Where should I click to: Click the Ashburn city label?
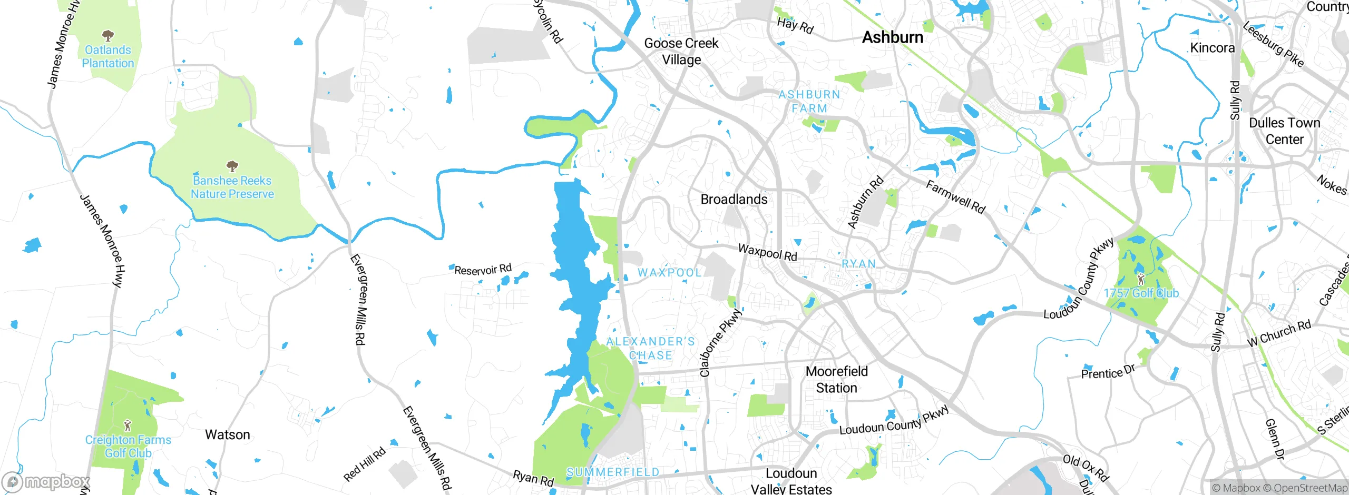(x=893, y=37)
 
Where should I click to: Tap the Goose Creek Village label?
(x=681, y=51)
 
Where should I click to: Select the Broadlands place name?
(x=734, y=199)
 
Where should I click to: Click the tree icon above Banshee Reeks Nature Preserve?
(x=232, y=167)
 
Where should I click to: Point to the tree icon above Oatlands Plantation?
(x=108, y=36)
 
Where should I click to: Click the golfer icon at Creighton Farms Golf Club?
(x=127, y=425)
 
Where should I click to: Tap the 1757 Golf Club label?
(x=1141, y=293)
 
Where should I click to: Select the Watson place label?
(x=227, y=434)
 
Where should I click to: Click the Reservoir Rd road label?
(x=483, y=270)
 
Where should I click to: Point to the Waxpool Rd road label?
(x=767, y=252)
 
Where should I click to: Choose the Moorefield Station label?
(x=836, y=379)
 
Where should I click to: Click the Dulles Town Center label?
(x=1284, y=131)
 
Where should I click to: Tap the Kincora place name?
(x=1212, y=48)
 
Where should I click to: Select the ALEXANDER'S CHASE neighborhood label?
(x=650, y=348)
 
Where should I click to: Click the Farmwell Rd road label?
(x=955, y=197)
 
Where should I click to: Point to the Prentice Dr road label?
(x=1108, y=372)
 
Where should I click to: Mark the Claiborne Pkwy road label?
(x=720, y=343)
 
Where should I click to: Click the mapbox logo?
(x=46, y=481)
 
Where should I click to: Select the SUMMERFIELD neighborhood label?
(x=613, y=472)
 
